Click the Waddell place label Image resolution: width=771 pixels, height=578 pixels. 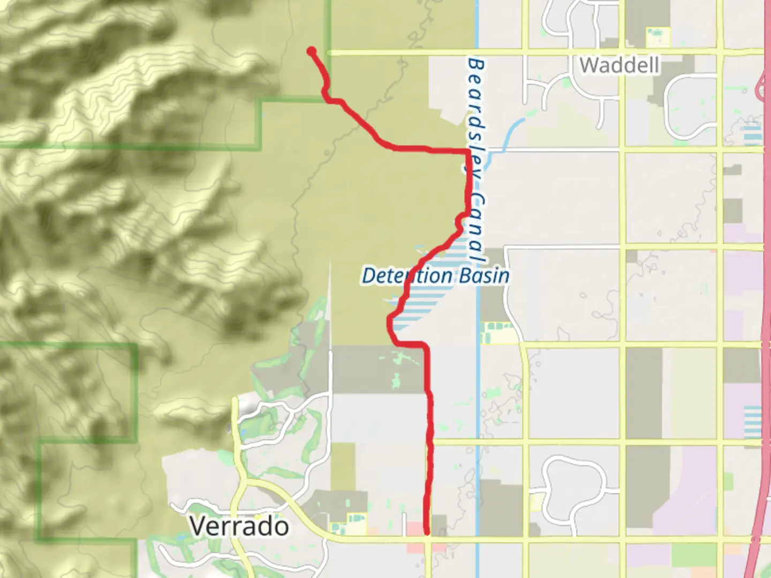pos(619,65)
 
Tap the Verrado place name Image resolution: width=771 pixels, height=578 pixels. pos(239,527)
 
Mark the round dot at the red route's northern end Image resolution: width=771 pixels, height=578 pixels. pos(311,51)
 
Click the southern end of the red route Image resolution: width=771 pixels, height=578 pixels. pos(427,532)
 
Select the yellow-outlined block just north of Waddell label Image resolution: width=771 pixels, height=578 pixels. pos(657,36)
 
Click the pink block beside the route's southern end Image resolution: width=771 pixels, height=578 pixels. pos(415,528)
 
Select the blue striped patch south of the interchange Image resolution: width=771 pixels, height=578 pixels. pos(752,132)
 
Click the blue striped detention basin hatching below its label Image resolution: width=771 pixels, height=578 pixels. pos(423,305)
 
